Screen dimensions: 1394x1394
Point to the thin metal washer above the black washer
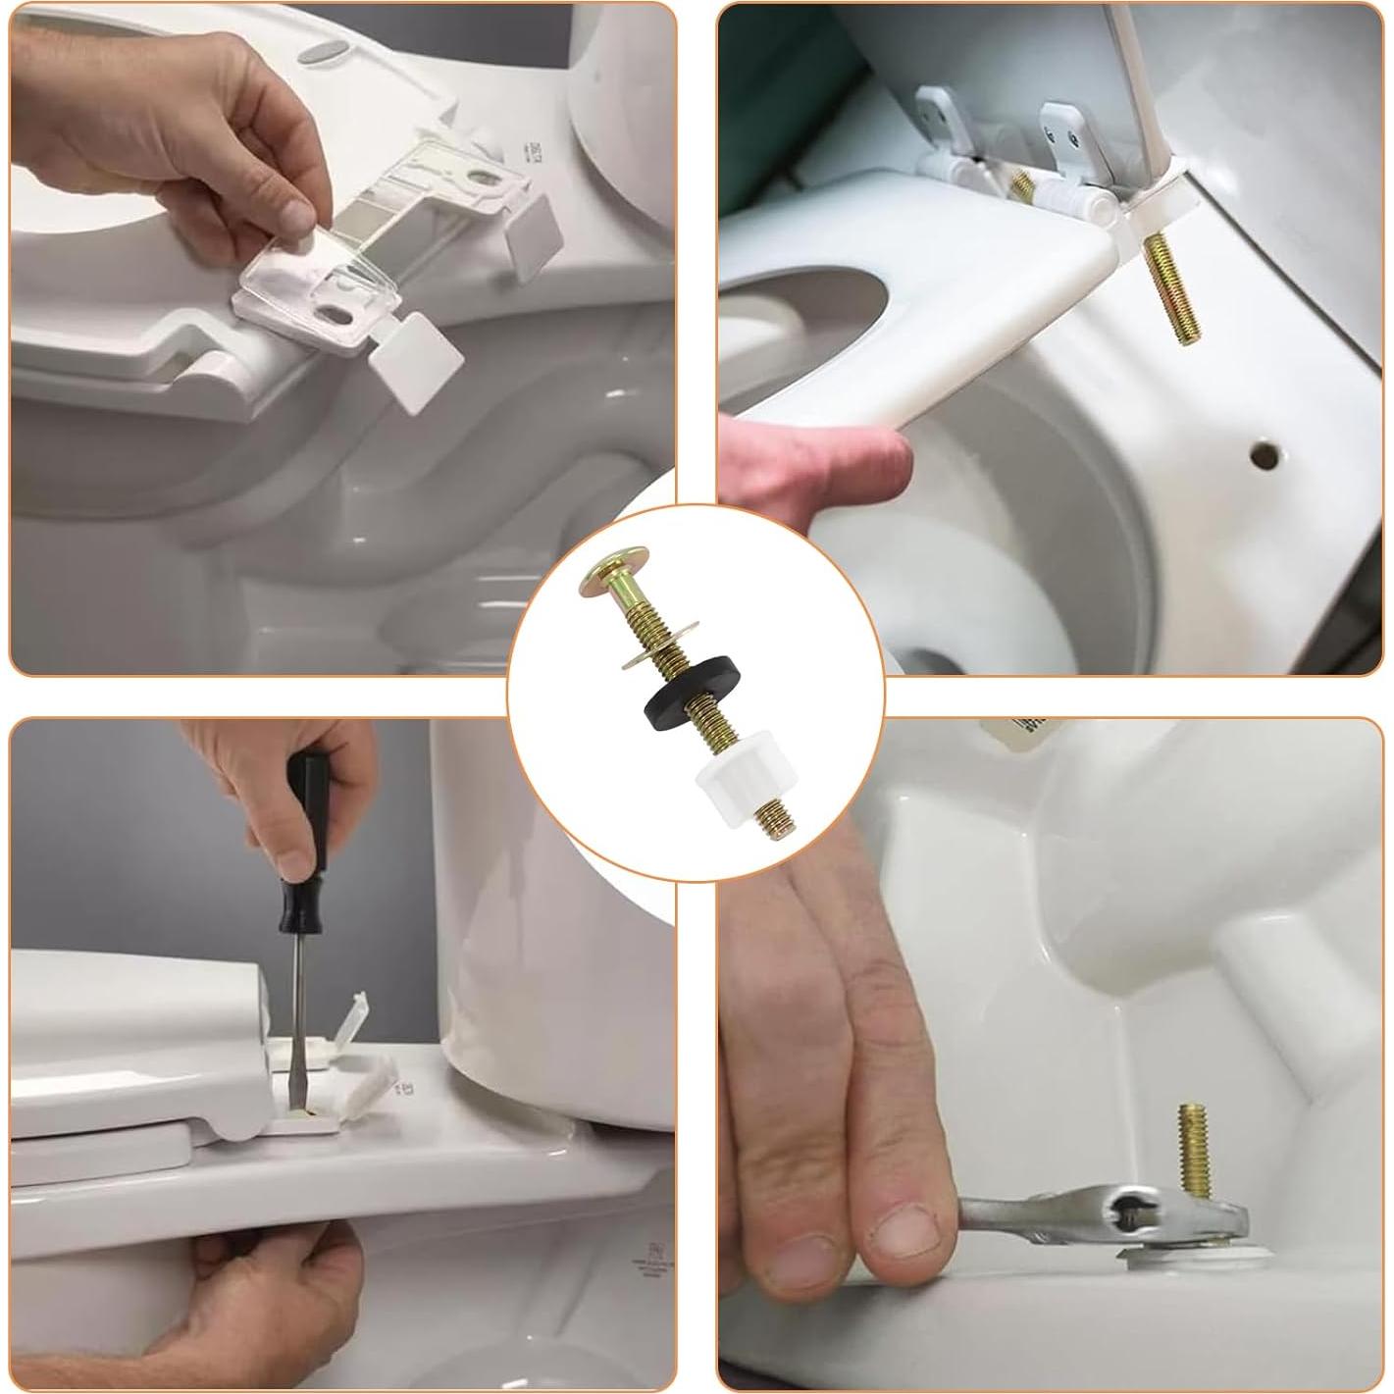point(651,654)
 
